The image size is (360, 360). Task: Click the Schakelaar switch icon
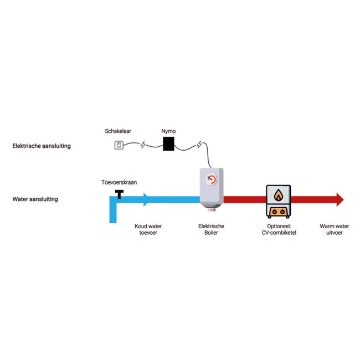click(119, 145)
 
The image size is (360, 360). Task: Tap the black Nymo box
click(168, 144)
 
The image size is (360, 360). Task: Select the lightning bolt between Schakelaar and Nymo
click(143, 145)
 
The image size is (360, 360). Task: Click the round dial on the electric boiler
click(212, 180)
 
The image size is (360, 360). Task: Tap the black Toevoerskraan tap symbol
click(119, 193)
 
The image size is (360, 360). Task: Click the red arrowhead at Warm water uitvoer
click(340, 199)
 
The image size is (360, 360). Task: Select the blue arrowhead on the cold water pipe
click(146, 199)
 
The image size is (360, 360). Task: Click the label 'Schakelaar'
click(118, 131)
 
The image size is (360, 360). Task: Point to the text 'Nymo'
click(169, 131)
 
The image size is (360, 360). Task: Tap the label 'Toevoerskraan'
click(118, 182)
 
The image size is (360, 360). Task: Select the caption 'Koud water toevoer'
click(148, 229)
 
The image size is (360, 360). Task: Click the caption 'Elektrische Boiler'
click(211, 229)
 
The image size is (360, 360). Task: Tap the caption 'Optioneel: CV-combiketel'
click(279, 229)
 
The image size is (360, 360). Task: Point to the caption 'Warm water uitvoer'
click(335, 229)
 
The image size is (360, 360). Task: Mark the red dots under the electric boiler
click(212, 210)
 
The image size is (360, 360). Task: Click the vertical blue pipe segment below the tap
click(114, 214)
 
